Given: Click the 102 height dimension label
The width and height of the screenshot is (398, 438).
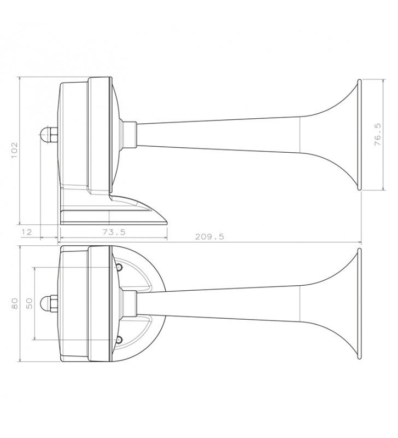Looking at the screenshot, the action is [x=14, y=150].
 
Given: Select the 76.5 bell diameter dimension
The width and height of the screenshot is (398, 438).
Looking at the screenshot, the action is [x=378, y=135].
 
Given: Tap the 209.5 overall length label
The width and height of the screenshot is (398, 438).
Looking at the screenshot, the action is [x=209, y=237].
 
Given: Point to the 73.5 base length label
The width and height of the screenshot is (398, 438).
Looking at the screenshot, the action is [x=114, y=232].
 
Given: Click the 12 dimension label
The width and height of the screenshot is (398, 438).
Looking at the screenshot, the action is [x=27, y=232].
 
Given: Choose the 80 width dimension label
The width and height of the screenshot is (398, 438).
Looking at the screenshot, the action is [x=15, y=304].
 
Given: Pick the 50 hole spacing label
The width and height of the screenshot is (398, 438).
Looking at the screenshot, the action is [x=30, y=304].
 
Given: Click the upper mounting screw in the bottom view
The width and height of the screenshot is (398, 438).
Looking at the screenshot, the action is [x=119, y=268].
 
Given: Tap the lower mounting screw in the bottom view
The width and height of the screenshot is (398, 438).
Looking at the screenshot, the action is [x=119, y=340].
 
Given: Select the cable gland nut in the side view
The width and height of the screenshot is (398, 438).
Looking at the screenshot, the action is [x=52, y=135].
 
